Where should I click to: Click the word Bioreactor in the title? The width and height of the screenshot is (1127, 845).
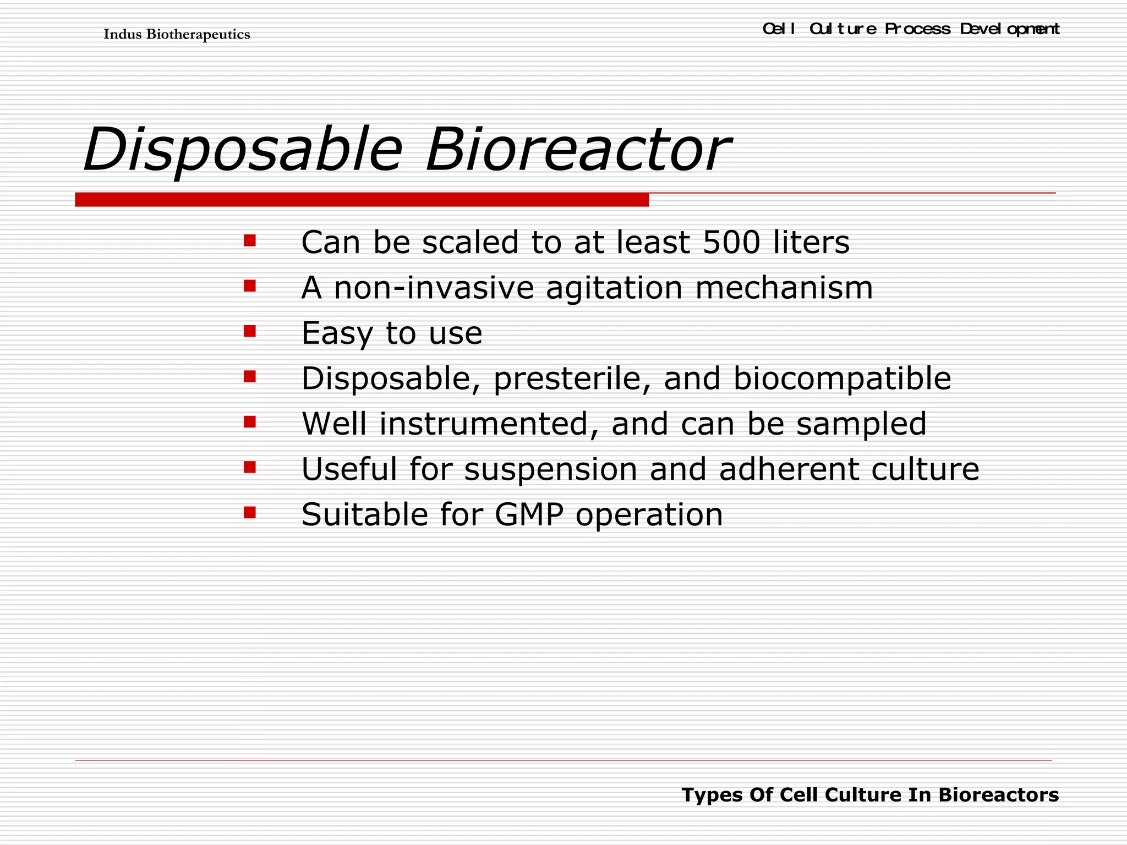pos(578,150)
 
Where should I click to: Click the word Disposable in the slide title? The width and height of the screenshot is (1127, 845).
pos(242,150)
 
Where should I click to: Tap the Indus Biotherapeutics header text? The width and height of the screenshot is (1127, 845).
pos(177,35)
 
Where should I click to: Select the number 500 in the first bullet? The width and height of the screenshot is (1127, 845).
pos(731,242)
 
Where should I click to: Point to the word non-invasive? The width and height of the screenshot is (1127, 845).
pos(434,288)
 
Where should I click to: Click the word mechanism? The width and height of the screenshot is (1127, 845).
pos(784,288)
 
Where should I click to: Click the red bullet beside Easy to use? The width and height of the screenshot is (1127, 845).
pos(250,331)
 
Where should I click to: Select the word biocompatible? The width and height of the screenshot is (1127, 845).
pos(842,378)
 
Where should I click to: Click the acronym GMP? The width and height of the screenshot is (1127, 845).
pos(529,515)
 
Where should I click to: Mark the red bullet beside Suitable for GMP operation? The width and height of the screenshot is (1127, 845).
pos(250,513)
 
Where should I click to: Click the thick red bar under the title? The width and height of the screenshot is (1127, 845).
pos(362,200)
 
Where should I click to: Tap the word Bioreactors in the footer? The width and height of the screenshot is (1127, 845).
pos(998,795)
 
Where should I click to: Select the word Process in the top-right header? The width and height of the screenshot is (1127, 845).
pos(917,29)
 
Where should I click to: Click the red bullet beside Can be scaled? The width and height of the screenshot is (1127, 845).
pos(250,240)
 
